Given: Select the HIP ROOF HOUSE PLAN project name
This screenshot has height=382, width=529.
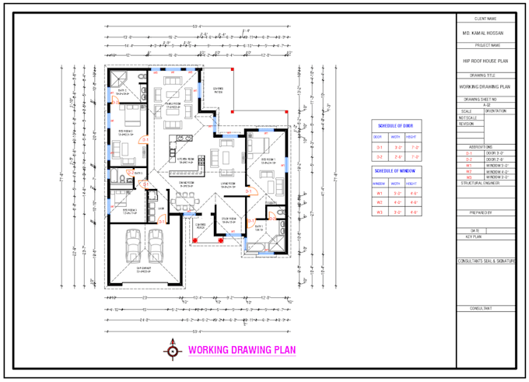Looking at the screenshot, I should coord(486,59).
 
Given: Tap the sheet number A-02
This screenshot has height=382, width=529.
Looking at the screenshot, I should coord(486,105).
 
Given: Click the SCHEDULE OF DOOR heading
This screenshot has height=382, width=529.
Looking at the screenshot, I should coord(398,125).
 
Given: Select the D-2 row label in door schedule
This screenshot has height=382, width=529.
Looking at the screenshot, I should coord(380,156).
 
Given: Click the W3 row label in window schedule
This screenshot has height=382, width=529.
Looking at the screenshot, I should coord(380,212).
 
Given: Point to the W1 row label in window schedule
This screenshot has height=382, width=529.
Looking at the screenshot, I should coord(380,193).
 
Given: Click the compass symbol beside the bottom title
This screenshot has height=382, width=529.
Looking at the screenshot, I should coord(171,349).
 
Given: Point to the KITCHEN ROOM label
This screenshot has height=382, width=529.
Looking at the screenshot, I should coord(186,162).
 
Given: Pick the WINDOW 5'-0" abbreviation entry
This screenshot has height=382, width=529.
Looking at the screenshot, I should coord(497,165).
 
